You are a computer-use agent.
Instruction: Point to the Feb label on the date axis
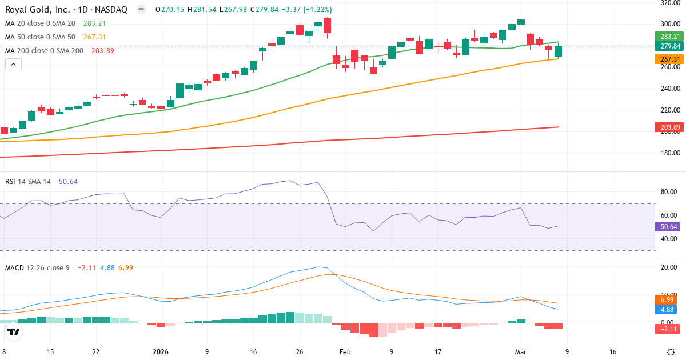coord(345,352)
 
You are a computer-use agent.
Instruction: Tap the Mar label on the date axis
coord(520,352)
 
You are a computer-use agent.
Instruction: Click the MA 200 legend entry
coord(44,51)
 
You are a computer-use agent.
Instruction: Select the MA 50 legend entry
coord(39,37)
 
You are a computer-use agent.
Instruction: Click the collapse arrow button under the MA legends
coord(13,65)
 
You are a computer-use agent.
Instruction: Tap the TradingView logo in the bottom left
coord(14,331)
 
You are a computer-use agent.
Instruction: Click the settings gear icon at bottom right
coord(671,352)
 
